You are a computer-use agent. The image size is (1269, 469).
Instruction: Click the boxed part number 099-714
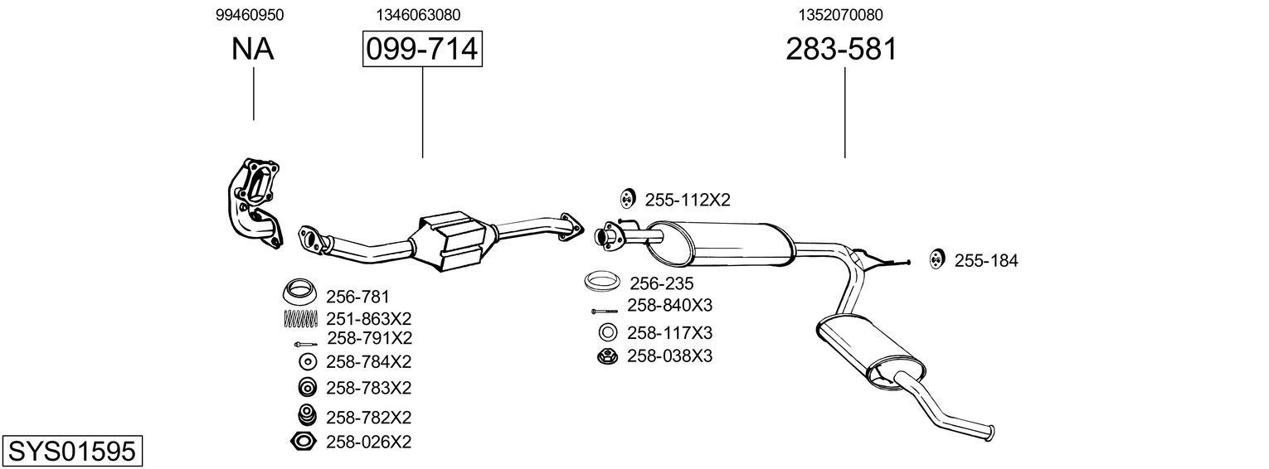point(422,50)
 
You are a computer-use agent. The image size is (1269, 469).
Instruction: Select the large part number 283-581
point(841,50)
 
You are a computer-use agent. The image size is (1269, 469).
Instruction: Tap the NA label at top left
point(253,50)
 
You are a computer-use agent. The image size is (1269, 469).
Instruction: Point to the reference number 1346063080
point(418,15)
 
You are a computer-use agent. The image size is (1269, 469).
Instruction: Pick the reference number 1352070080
point(841,15)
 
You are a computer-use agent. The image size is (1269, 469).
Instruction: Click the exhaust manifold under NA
point(256,201)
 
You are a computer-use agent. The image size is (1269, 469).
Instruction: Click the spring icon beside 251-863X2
point(302,318)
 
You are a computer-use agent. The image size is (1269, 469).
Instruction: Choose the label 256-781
point(357,297)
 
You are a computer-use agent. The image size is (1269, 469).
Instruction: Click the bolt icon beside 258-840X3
point(605,311)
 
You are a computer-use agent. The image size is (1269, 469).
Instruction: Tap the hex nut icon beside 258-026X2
point(304,442)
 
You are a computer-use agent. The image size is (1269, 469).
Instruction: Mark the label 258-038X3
point(669,356)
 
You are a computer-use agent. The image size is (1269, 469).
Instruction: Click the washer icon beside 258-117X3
point(607,333)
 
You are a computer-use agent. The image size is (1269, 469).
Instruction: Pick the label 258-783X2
point(368,388)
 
